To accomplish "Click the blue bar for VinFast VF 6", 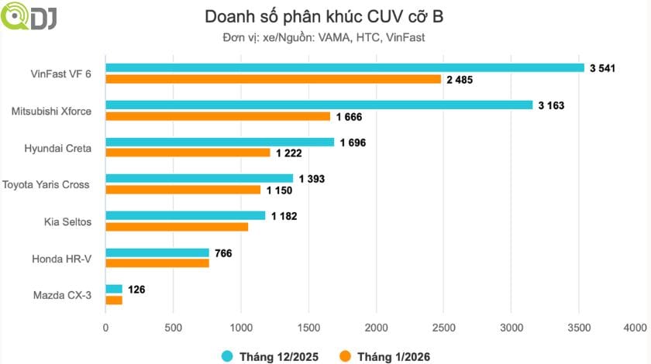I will coord(345,67).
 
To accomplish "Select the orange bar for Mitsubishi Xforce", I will coord(307,116).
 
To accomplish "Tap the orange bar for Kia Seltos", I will coord(177,227).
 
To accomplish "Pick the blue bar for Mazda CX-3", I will coord(114,289).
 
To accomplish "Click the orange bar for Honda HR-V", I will coord(157,263).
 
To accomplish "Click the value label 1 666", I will coord(349,117).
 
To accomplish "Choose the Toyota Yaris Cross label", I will coord(46,184).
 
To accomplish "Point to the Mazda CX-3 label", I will coord(62,295).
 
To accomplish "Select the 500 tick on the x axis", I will coord(173,328).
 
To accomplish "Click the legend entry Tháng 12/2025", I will coord(271,355).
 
